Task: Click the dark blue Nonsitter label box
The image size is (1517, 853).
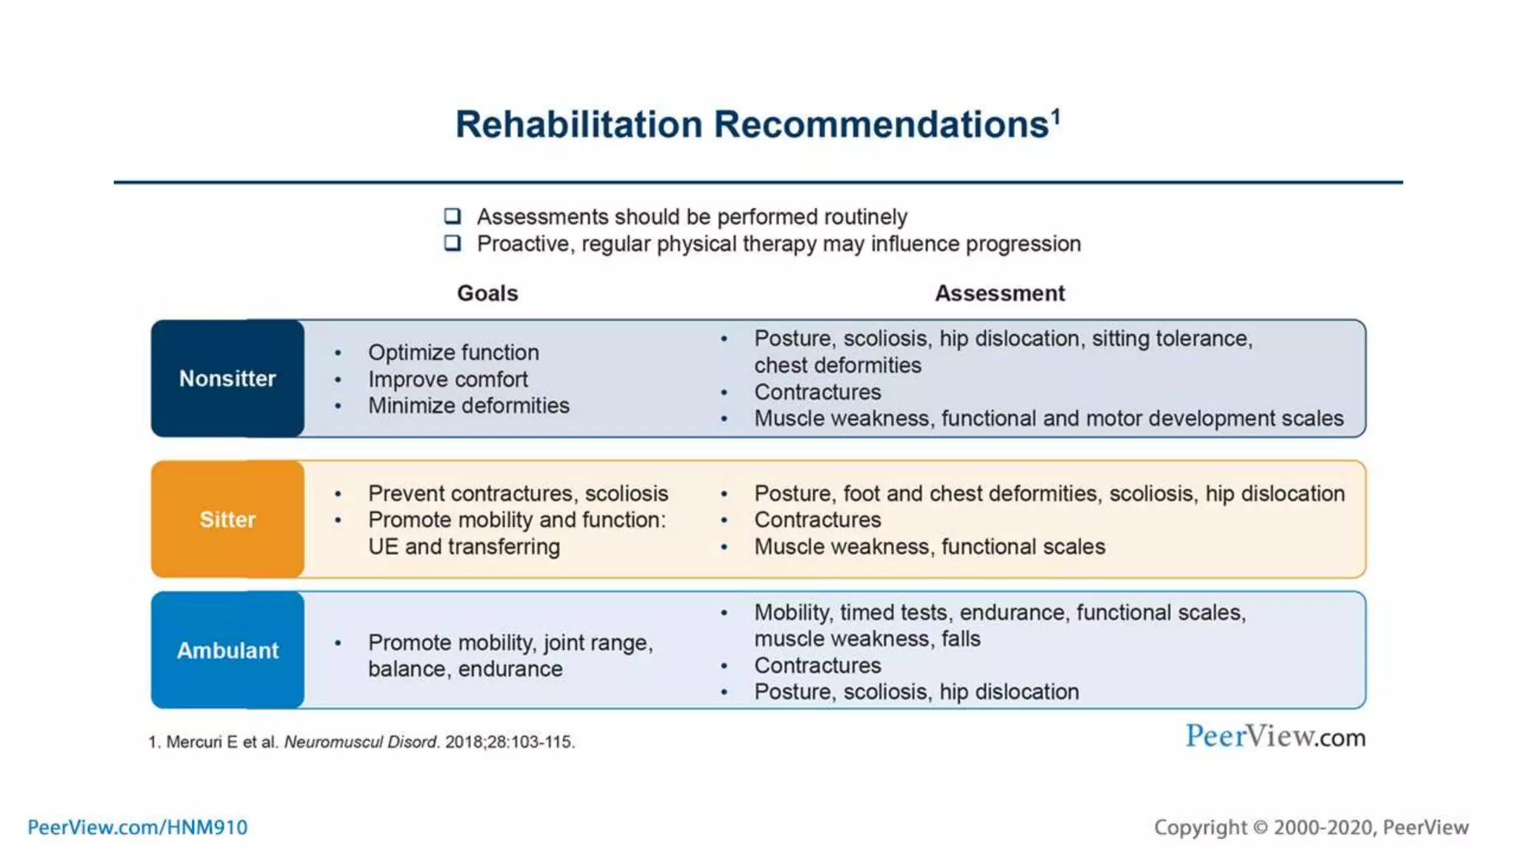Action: coord(227,378)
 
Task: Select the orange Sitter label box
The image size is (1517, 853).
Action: coord(227,519)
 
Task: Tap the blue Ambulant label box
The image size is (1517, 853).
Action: coord(227,650)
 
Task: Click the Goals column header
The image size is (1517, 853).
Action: coord(487,293)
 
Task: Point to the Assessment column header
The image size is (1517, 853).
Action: coord(999,293)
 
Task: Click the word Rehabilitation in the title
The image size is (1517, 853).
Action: coord(578,124)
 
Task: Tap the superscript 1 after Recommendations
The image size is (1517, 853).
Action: coord(1056,116)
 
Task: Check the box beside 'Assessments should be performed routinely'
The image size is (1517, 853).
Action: coord(453,216)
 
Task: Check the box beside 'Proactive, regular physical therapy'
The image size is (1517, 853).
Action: coord(453,243)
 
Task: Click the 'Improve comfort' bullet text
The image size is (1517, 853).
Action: coord(447,379)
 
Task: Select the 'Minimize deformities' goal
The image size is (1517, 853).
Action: coord(468,406)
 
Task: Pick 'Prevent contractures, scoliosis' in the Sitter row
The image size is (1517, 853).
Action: coord(518,493)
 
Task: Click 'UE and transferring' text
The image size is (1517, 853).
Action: coord(464,546)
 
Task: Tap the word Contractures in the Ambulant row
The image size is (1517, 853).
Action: coord(817,665)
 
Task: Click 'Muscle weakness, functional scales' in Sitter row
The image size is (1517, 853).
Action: coord(929,546)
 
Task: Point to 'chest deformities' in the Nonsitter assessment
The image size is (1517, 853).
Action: coord(837,365)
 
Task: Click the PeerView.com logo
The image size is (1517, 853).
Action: coord(1275,737)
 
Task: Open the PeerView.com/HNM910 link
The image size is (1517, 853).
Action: coord(138,827)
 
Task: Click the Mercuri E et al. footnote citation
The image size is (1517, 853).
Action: coord(361,742)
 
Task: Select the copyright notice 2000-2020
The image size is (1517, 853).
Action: coord(1310,827)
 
